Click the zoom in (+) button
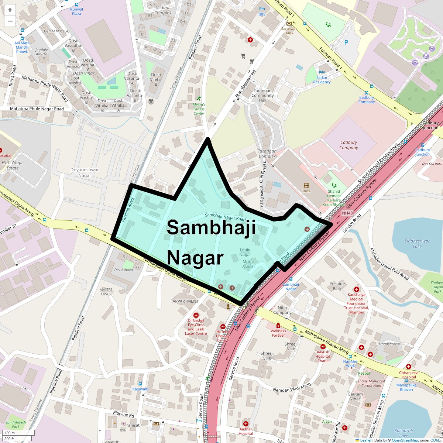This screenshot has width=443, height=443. click(x=10, y=10)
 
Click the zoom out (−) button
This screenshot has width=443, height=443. click(x=10, y=21)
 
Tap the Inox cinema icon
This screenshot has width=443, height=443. click(x=306, y=185)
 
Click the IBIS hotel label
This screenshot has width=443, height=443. click(x=262, y=14)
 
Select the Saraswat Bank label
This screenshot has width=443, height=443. click(x=289, y=31)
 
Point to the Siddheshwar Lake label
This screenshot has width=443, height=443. click(x=417, y=244)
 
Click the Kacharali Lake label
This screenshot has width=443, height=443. click(x=403, y=433)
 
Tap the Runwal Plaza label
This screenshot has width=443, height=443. click(x=76, y=11)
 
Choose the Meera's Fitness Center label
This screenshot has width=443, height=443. click(x=199, y=109)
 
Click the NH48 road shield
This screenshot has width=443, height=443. click(x=347, y=213)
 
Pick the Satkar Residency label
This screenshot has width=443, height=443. click(x=322, y=80)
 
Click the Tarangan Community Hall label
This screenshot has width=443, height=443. click(x=262, y=95)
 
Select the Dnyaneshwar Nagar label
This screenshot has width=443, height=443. click(x=85, y=173)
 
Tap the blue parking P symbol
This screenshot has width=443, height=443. click(x=346, y=42)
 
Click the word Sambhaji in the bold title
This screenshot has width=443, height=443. click(x=211, y=227)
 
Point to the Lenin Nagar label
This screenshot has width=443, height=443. click(x=245, y=252)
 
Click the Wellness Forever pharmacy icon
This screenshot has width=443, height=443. click(x=278, y=325)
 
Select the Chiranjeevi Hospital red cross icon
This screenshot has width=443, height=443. click(x=408, y=367)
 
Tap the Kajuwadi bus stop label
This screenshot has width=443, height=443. click(x=140, y=389)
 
